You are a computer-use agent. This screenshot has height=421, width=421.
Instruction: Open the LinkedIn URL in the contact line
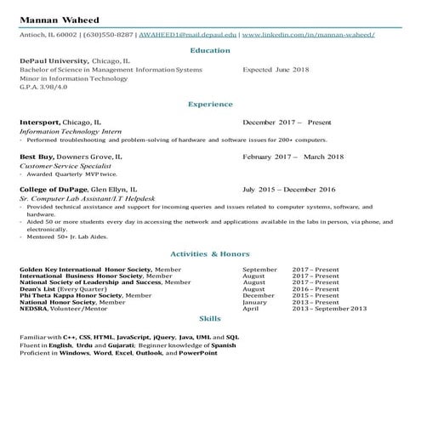309,35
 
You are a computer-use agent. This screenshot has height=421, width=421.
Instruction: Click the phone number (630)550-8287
110,35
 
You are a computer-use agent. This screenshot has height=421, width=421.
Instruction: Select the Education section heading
209,50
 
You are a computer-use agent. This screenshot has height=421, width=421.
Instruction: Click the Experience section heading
209,105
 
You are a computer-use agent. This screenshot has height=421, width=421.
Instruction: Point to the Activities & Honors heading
209,253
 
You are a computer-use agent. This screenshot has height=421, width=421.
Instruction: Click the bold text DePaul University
53,62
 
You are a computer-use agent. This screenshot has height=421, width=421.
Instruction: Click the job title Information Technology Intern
65,131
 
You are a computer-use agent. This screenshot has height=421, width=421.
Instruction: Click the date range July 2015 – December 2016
289,189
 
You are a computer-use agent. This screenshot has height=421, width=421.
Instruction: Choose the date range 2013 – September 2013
328,309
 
